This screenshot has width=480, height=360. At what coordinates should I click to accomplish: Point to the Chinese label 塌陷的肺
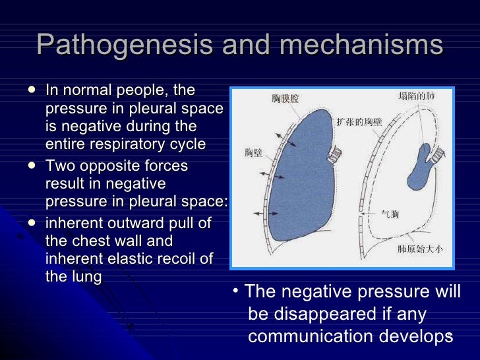click(419, 97)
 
